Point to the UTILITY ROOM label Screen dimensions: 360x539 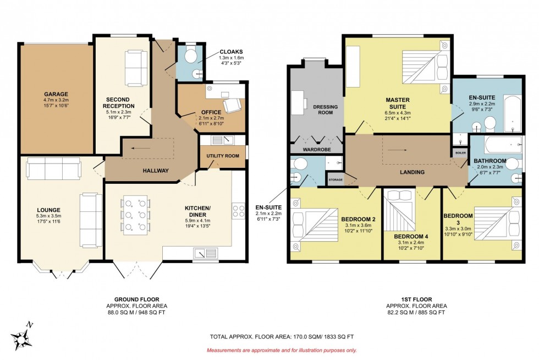tap(223, 156)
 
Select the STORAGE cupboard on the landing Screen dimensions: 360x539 tap(335, 180)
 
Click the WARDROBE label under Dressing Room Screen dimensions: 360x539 tap(316, 149)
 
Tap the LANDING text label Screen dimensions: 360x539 tap(412, 172)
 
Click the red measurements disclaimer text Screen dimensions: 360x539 tap(281, 350)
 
